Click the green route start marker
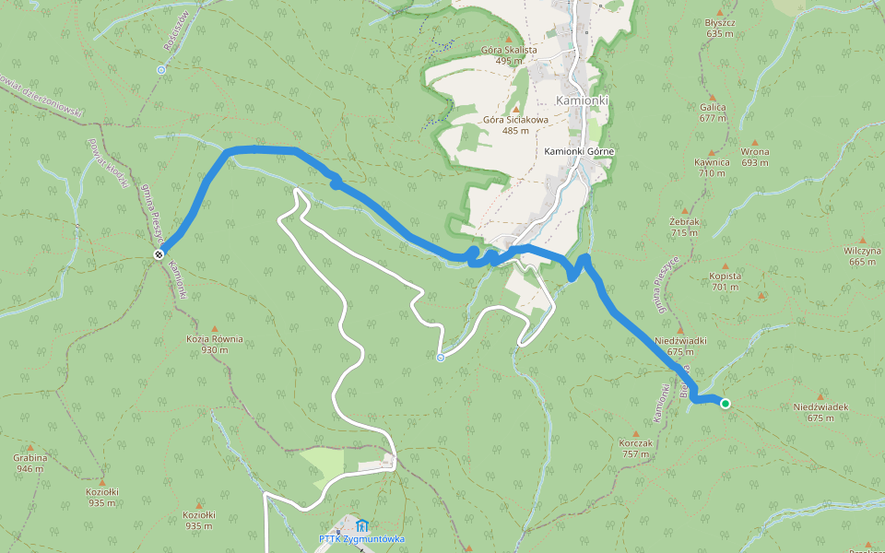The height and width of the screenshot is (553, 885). (x=726, y=403)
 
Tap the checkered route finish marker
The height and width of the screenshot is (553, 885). (x=159, y=254)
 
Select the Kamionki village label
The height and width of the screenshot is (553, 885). (x=583, y=100)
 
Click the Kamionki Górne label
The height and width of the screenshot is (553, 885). (x=579, y=151)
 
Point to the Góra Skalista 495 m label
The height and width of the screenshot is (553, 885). (x=508, y=54)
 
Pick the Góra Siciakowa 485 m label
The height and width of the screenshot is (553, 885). (x=515, y=124)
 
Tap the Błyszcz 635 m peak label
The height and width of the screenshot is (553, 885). (x=720, y=28)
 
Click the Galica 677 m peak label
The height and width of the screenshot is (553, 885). (x=713, y=112)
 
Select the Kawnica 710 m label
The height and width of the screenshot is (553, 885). (x=712, y=167)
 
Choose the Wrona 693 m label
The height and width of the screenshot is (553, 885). (x=754, y=157)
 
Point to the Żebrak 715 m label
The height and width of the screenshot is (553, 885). (x=684, y=227)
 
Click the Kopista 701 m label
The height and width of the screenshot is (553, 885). (x=726, y=281)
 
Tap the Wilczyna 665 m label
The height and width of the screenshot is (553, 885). (x=862, y=255)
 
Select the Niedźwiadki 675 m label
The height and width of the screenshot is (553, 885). (x=679, y=345)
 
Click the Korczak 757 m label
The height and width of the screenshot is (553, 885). (x=637, y=448)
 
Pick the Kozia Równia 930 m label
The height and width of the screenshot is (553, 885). (x=215, y=344)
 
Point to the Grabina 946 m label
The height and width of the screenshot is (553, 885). (x=29, y=463)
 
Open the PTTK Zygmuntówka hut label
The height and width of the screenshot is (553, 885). (x=362, y=539)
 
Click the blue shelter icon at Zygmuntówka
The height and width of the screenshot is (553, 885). (x=360, y=525)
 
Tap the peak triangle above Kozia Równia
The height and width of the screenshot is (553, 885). (x=215, y=327)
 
